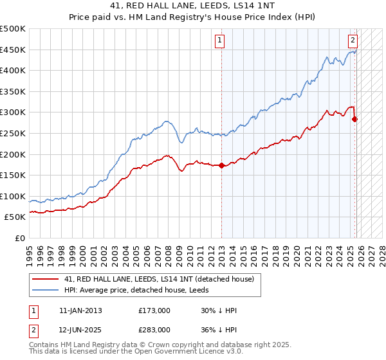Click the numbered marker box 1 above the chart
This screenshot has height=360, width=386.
(x=220, y=40)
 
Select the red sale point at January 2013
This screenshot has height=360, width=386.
(x=221, y=165)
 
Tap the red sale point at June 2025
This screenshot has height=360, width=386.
(x=354, y=119)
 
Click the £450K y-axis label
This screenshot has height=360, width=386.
(x=13, y=50)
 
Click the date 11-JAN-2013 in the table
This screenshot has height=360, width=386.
(x=80, y=310)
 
